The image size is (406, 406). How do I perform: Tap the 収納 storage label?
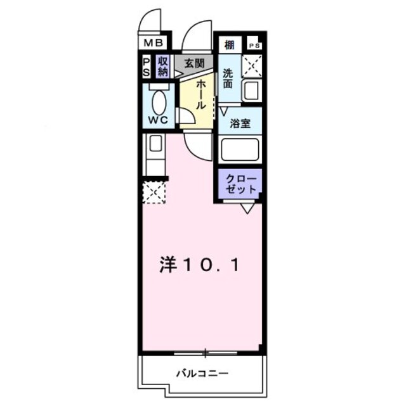click(x=163, y=67)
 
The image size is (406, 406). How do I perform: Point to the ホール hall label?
click(x=200, y=94)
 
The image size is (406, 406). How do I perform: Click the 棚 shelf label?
click(x=228, y=45)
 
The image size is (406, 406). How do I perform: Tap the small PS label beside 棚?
click(x=254, y=46)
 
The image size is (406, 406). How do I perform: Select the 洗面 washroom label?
click(x=228, y=79)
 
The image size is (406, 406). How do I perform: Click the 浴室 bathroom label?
click(x=240, y=123)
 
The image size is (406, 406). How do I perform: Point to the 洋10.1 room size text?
click(x=199, y=265)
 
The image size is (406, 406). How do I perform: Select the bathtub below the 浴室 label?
click(x=240, y=151)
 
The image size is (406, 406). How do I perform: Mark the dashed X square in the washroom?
click(x=253, y=65)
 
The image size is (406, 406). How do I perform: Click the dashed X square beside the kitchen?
click(x=155, y=192)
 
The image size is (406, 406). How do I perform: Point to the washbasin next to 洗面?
click(x=252, y=91)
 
